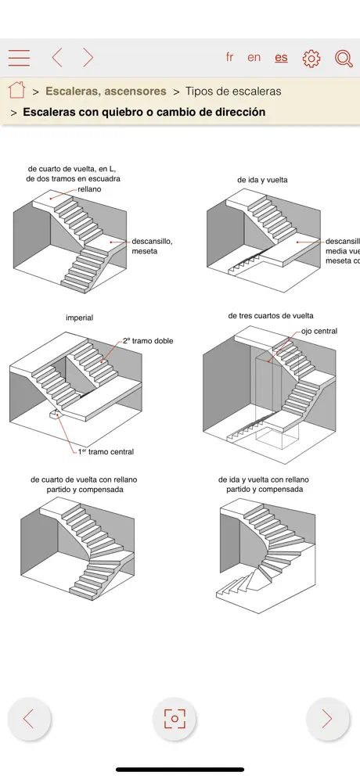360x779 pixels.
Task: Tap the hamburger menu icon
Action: (x=20, y=58)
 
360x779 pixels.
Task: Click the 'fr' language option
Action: (x=229, y=57)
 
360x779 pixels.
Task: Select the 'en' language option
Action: (x=254, y=57)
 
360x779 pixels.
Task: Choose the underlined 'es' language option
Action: (x=281, y=57)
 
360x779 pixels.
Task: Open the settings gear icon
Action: (x=311, y=58)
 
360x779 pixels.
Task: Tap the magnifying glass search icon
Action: (x=344, y=58)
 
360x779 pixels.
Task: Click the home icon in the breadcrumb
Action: (x=16, y=90)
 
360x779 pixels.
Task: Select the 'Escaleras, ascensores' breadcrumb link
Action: (x=106, y=91)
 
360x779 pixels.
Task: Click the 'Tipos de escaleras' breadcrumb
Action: (x=233, y=91)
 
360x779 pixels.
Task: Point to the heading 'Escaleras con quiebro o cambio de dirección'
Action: (x=144, y=112)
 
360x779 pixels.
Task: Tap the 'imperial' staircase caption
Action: (x=79, y=318)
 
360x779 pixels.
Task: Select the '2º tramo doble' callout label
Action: (x=148, y=341)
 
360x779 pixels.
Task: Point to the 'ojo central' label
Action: (x=319, y=332)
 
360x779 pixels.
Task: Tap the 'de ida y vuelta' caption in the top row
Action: (x=262, y=179)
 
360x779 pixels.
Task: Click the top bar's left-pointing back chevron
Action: (x=57, y=58)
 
